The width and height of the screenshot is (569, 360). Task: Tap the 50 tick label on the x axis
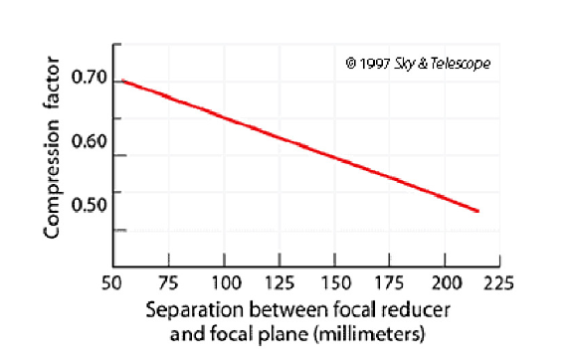tap(115, 283)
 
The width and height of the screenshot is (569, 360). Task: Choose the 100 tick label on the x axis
tap(227, 283)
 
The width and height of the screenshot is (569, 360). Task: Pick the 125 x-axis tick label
tap(282, 283)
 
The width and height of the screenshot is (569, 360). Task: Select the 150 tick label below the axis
tap(338, 283)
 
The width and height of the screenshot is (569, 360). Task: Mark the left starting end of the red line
tap(121, 81)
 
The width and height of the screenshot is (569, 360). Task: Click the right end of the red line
tap(479, 211)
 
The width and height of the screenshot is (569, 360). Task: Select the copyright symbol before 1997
tap(351, 64)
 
